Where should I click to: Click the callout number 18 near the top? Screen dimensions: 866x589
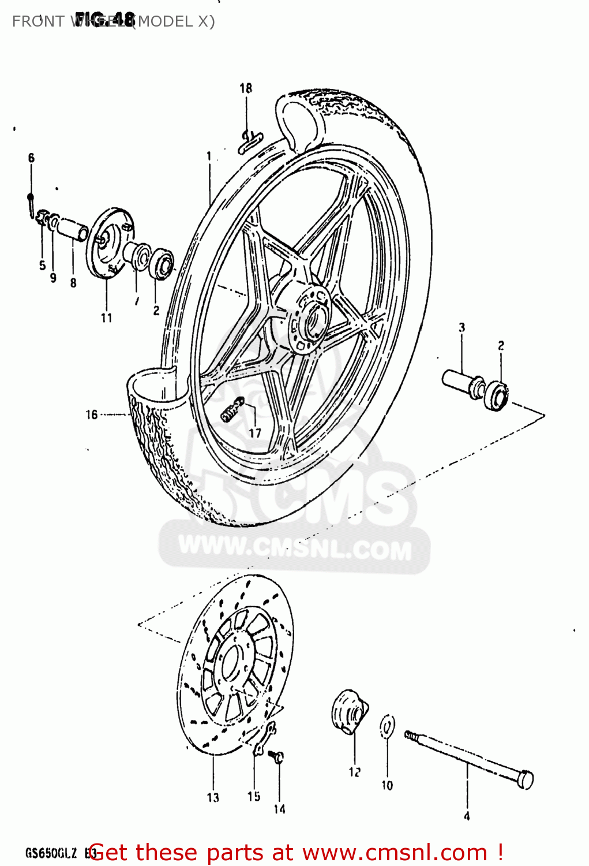click(246, 88)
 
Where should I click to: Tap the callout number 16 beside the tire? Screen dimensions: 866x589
click(92, 415)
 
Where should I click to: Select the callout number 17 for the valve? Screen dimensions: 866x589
click(255, 432)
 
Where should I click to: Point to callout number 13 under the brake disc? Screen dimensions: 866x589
click(213, 798)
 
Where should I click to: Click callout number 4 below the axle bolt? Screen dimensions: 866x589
click(467, 816)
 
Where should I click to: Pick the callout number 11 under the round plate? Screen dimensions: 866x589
click(107, 318)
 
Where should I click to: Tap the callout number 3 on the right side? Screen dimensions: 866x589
click(462, 328)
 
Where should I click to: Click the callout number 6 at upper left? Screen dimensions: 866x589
click(31, 158)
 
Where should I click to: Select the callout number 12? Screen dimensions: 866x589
click(354, 772)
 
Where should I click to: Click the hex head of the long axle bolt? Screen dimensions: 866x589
click(526, 779)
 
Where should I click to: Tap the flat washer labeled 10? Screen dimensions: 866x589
click(388, 727)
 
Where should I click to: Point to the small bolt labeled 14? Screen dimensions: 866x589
click(277, 756)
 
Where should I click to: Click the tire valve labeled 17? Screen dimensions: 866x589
click(232, 410)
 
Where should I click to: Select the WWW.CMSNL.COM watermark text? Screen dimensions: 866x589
click(295, 547)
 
